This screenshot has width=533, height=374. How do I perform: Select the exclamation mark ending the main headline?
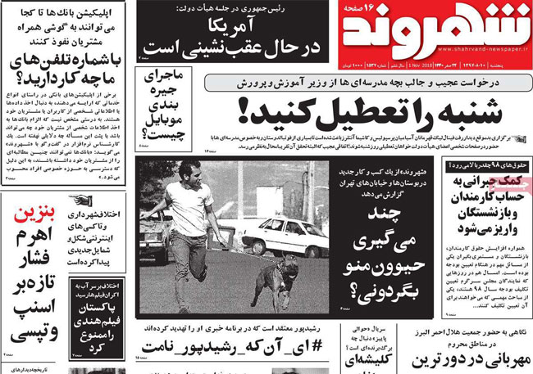(244, 110)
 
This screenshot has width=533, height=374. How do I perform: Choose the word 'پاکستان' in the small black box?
(98, 309)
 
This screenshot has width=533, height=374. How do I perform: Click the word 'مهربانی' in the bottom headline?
(497, 359)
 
